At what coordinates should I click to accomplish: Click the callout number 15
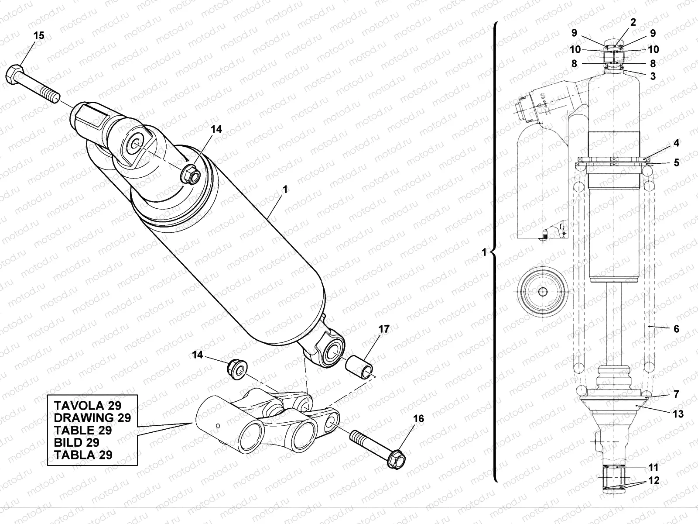pyautogui.click(x=39, y=36)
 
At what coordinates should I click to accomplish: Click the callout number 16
pyautogui.click(x=418, y=419)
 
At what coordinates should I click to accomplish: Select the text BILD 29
pyautogui.click(x=76, y=442)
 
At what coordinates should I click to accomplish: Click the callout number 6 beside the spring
pyautogui.click(x=676, y=329)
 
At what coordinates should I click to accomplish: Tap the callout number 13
pyautogui.click(x=678, y=414)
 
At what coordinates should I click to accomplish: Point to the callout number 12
pyautogui.click(x=654, y=481)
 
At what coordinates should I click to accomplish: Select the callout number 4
pyautogui.click(x=676, y=143)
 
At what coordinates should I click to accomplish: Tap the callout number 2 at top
pyautogui.click(x=633, y=22)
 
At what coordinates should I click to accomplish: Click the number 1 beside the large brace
pyautogui.click(x=483, y=252)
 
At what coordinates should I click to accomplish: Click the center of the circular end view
pyautogui.click(x=542, y=292)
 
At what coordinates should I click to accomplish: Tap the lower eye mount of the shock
pyautogui.click(x=332, y=351)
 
